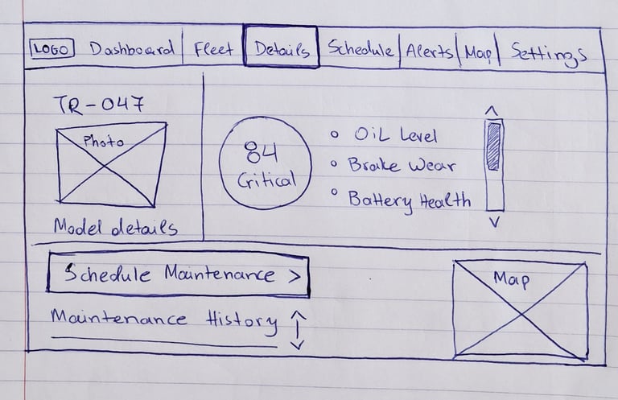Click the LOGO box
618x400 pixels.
[x=52, y=49]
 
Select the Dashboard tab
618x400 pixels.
[x=131, y=50]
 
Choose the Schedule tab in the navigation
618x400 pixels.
[x=360, y=50]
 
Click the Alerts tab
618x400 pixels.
[x=430, y=52]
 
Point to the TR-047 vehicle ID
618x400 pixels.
[x=99, y=104]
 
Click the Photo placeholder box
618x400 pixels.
[x=112, y=163]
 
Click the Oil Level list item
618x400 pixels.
[x=395, y=136]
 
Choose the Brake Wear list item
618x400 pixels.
[x=401, y=167]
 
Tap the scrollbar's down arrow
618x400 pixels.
[x=494, y=222]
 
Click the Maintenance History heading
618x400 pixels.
[x=163, y=320]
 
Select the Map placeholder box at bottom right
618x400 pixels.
[x=519, y=307]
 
